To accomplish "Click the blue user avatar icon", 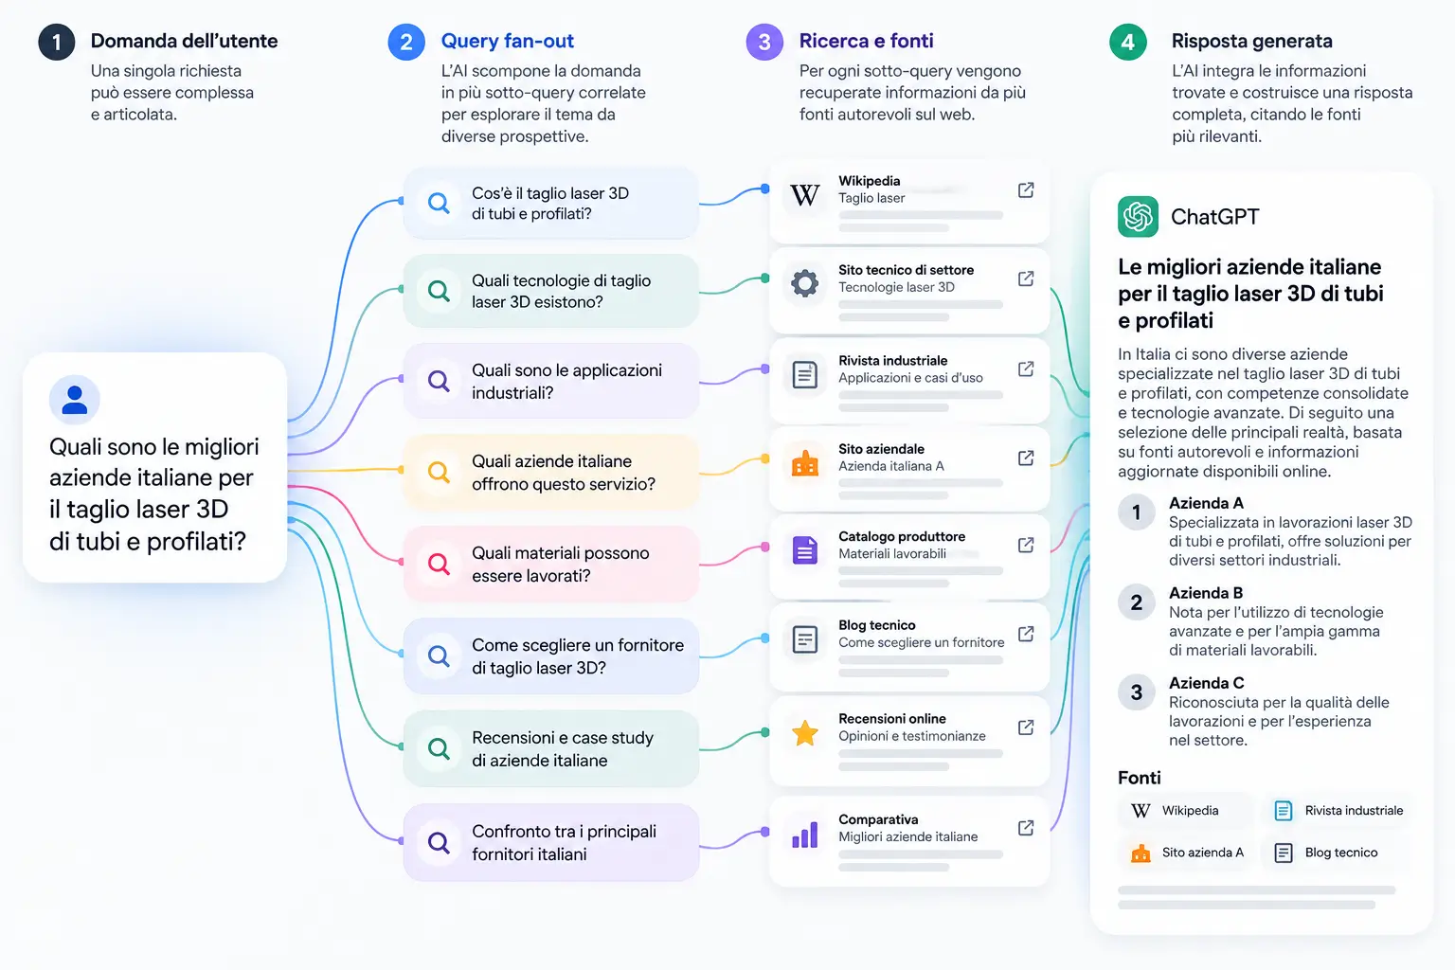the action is pyautogui.click(x=74, y=400).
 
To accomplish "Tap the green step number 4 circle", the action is pyautogui.click(x=1127, y=43).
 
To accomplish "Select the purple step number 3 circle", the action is pyautogui.click(x=764, y=43).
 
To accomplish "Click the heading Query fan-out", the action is pyautogui.click(x=508, y=41).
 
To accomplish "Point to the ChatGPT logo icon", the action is pyautogui.click(x=1138, y=216).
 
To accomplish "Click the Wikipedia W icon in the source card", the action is pyautogui.click(x=804, y=194).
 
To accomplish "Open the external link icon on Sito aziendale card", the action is pyautogui.click(x=1026, y=458).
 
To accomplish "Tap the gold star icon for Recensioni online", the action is pyautogui.click(x=805, y=733).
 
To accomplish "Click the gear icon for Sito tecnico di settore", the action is pyautogui.click(x=805, y=283).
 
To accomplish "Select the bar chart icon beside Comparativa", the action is pyautogui.click(x=805, y=835).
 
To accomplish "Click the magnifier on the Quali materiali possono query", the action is pyautogui.click(x=440, y=564).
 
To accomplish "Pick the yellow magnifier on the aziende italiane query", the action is pyautogui.click(x=440, y=472).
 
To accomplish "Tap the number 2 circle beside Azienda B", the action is pyautogui.click(x=1136, y=602).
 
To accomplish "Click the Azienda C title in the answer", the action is pyautogui.click(x=1206, y=683).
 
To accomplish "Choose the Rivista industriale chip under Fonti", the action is pyautogui.click(x=1338, y=810).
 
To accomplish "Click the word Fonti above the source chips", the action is pyautogui.click(x=1139, y=778).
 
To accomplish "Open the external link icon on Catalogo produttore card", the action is pyautogui.click(x=1026, y=545).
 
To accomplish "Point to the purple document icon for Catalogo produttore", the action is pyautogui.click(x=805, y=550).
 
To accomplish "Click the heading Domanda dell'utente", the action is pyautogui.click(x=184, y=41).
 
